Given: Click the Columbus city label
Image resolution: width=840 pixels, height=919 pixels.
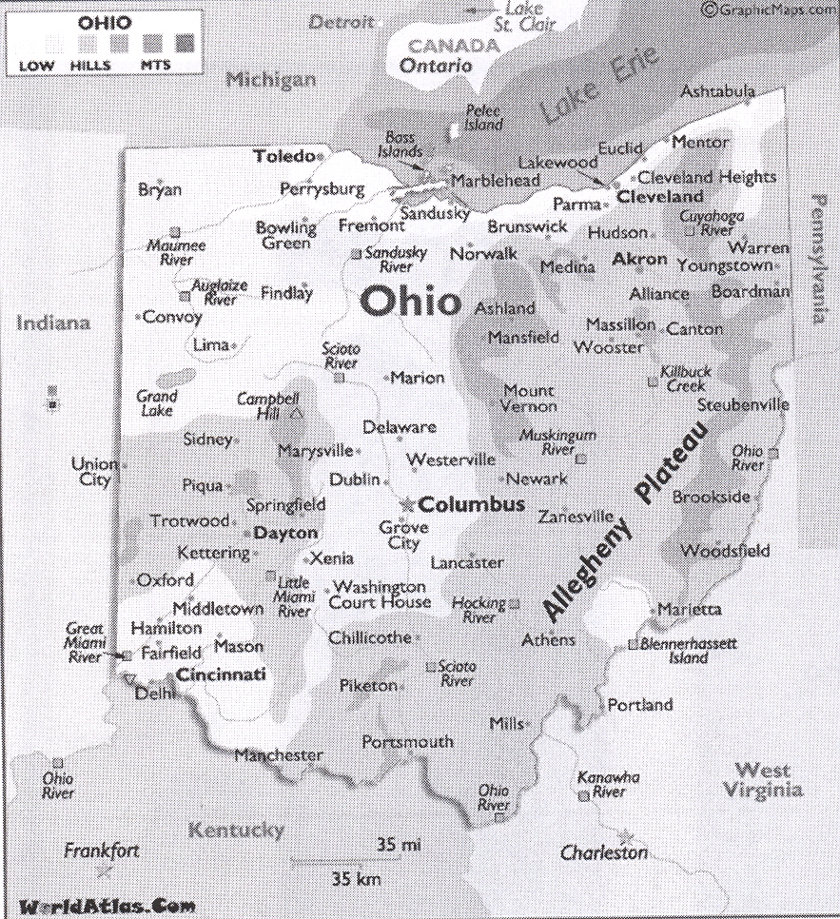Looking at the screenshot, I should pos(472,504).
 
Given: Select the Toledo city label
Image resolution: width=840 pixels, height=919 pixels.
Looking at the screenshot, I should pos(283,155).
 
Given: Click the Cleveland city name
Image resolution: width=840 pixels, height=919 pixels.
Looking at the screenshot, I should pos(659,197).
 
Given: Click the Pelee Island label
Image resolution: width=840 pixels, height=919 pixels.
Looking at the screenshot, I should pos(482,118).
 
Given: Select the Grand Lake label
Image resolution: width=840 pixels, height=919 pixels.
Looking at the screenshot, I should pos(156,402).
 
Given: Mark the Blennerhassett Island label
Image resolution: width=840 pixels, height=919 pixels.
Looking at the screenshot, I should pos(688,651).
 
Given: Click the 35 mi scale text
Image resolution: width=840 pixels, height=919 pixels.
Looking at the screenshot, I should pos(399,844).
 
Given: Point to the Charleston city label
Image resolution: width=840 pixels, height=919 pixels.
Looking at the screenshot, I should pos(603,853).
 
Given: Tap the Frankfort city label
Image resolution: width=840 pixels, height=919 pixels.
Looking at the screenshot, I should pos(102,851).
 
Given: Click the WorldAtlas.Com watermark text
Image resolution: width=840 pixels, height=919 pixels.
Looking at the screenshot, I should pos(100,906).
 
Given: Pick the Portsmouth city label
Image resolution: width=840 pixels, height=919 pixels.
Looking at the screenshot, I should pos(407,741).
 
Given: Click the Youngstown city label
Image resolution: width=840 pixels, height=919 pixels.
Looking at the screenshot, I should pos(724,265).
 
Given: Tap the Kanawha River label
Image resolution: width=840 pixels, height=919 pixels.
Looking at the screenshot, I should pos(608,784).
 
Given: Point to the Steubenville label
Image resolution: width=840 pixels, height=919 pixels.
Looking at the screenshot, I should pos(742,404).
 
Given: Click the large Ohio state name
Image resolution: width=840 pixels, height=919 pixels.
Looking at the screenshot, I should pos(410,302).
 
